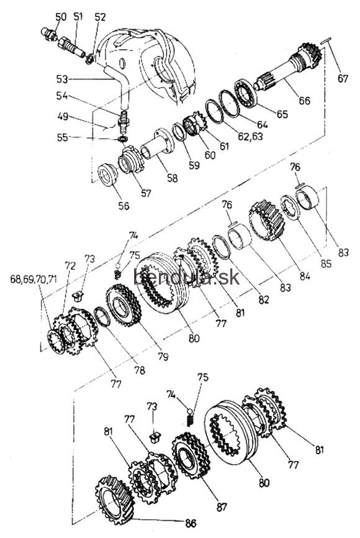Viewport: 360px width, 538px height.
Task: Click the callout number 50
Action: (61, 17)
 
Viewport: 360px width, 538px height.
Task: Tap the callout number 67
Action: (343, 78)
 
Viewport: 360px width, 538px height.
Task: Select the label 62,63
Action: (250, 136)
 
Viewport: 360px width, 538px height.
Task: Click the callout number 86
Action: (191, 523)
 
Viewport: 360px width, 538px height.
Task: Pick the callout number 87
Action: (222, 506)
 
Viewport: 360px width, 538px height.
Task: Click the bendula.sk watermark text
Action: (186, 277)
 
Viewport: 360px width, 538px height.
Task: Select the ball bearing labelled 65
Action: (245, 92)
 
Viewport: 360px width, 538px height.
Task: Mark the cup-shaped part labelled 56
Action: (107, 175)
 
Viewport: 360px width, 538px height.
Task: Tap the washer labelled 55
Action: (122, 139)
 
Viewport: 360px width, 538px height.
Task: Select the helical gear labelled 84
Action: (266, 220)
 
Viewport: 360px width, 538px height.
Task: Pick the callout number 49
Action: (63, 117)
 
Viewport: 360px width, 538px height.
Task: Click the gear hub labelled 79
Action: (123, 306)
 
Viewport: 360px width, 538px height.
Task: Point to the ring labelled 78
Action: (102, 316)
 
